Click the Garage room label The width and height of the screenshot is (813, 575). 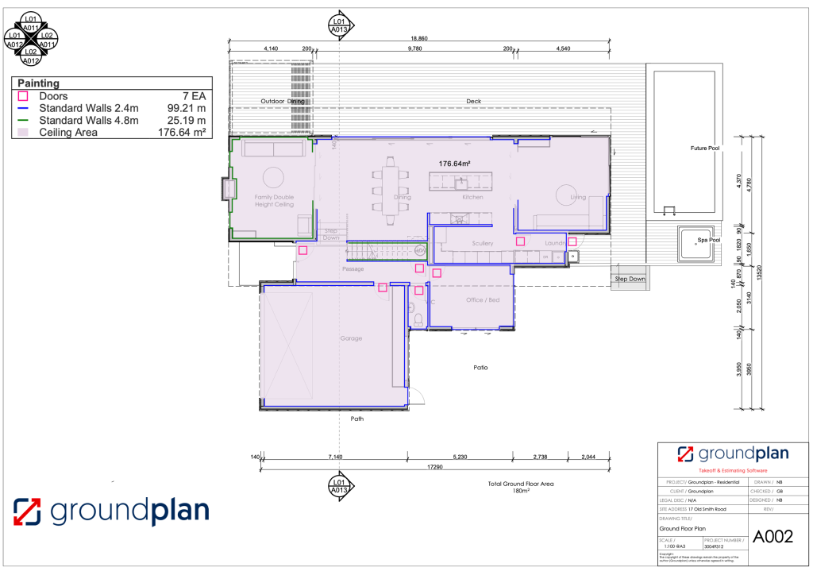coord(351,338)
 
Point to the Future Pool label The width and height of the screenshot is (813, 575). coord(703,148)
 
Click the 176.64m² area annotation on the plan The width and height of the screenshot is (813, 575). coord(455,164)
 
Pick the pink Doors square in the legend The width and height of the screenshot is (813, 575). coord(23,96)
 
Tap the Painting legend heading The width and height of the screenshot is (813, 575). coord(38,83)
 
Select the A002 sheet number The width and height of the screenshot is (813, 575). coord(773,537)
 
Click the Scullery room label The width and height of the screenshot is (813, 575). coord(483,243)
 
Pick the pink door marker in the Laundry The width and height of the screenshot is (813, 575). coord(572,241)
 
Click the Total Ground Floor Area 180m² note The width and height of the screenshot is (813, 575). coord(521,487)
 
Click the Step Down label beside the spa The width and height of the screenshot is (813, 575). coord(630,280)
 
